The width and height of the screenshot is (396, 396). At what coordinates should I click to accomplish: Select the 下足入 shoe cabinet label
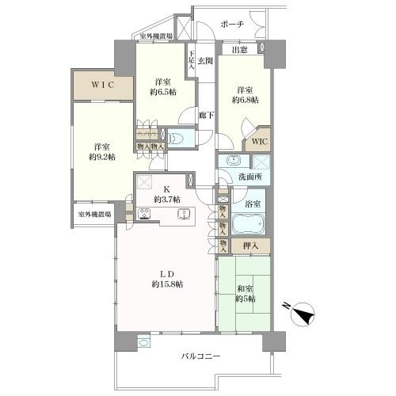(x=191, y=62)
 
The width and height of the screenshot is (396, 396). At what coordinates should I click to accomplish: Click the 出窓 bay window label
(x=239, y=50)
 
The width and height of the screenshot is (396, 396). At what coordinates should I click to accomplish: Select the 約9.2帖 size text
(x=101, y=157)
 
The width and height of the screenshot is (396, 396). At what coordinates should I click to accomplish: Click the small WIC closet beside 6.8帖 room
(x=259, y=143)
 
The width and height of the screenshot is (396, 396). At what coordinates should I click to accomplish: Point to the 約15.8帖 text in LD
(x=167, y=284)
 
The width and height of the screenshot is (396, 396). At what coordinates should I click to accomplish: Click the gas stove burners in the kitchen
(x=147, y=212)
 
